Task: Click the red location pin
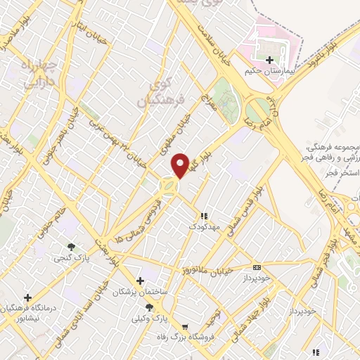pyautogui.click(x=181, y=165)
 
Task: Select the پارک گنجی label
pyautogui.click(x=72, y=258)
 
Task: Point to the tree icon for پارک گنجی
pyautogui.click(x=71, y=246)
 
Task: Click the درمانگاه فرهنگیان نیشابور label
pyautogui.click(x=27, y=314)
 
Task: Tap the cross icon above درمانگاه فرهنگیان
pyautogui.click(x=27, y=297)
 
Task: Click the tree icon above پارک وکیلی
pyautogui.click(x=148, y=307)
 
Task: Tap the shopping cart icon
pyautogui.click(x=185, y=327)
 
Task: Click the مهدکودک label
pyautogui.click(x=204, y=227)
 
